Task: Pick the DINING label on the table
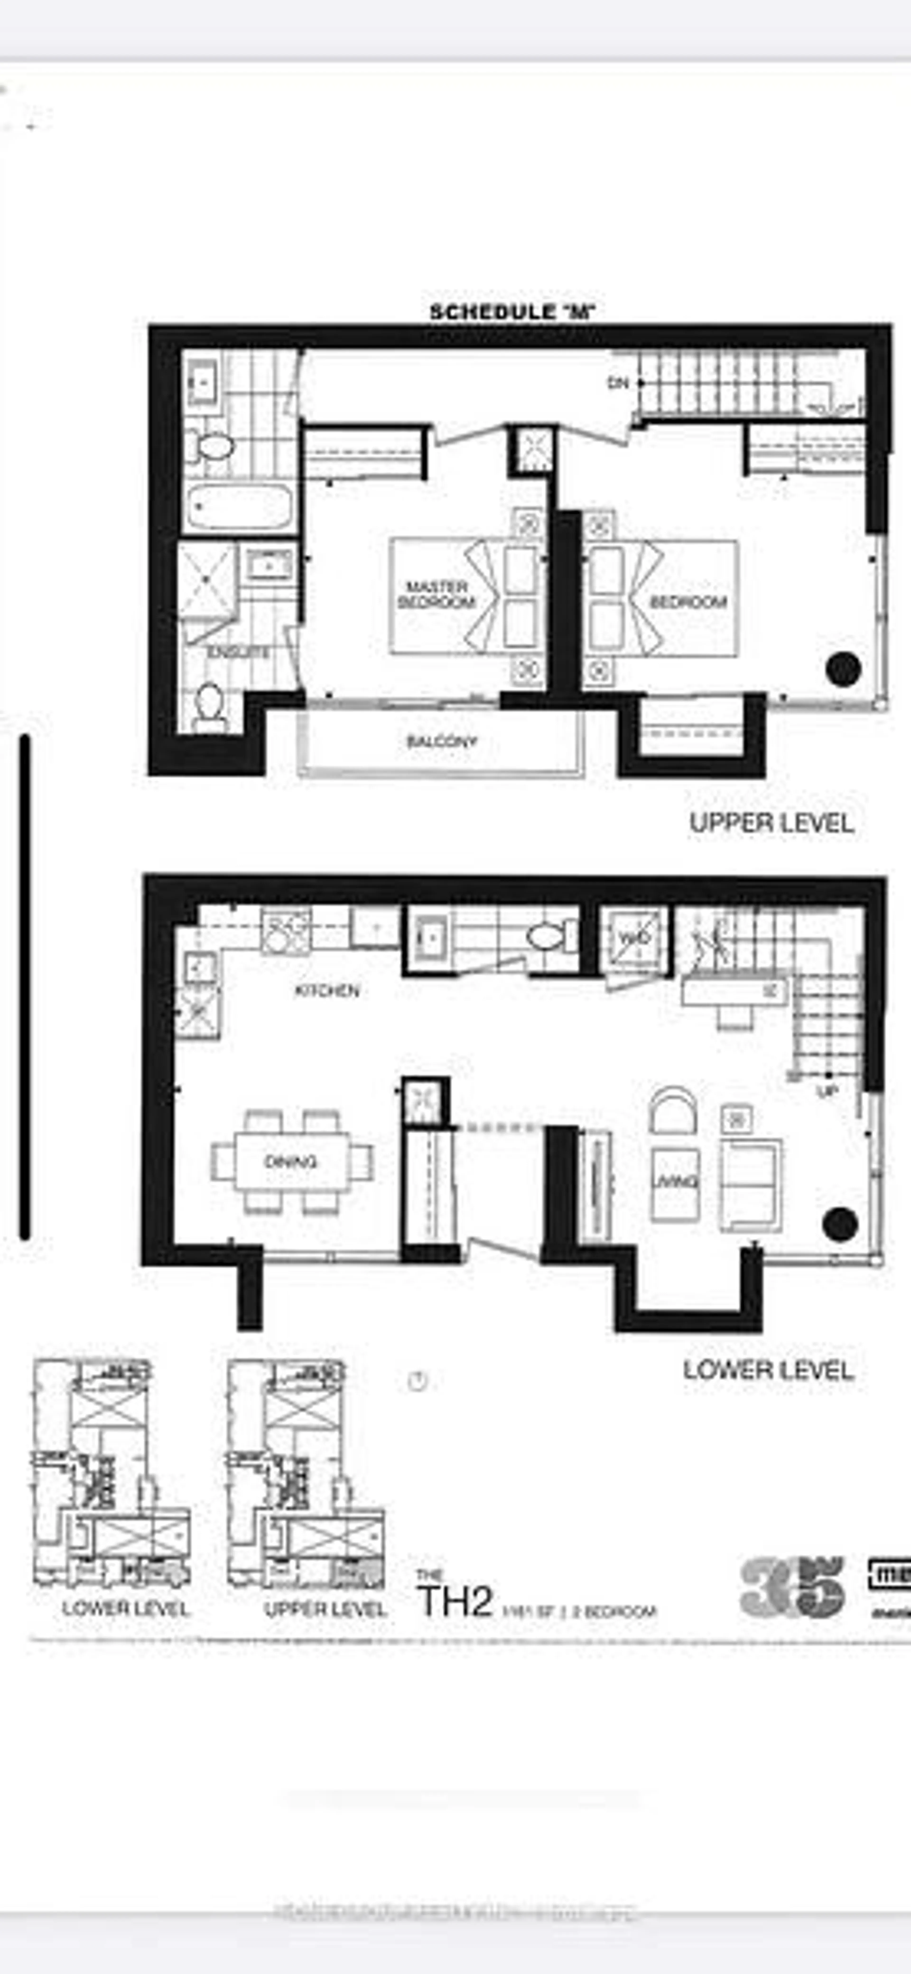[290, 1162]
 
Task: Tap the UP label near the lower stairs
[827, 1091]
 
